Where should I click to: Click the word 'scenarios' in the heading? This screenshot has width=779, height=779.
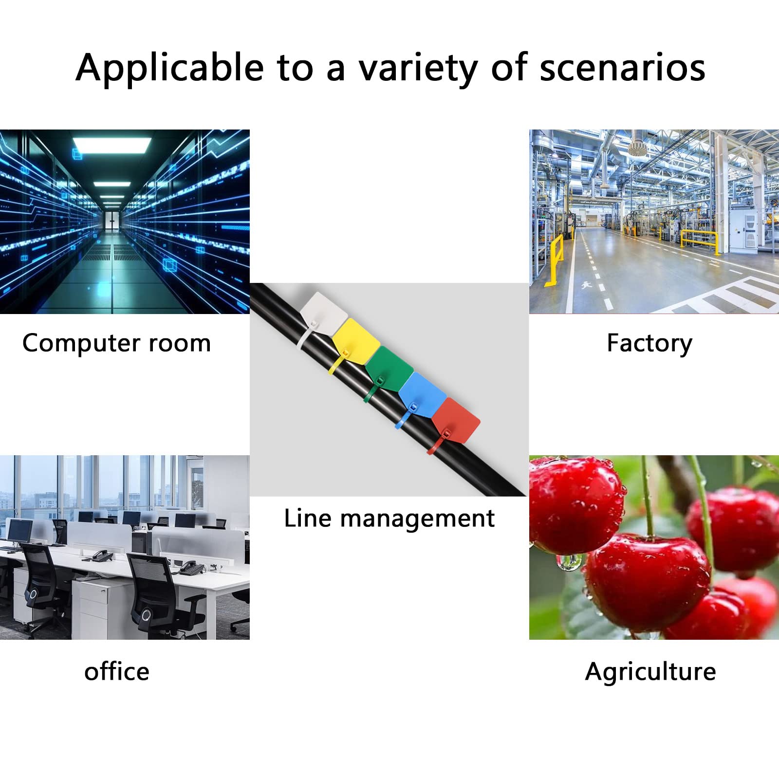(x=623, y=67)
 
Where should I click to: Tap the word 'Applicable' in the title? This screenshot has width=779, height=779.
(x=169, y=68)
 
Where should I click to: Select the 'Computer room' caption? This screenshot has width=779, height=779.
(x=116, y=343)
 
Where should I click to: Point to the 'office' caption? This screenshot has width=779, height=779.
(x=117, y=671)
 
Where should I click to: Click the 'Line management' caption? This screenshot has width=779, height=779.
(x=389, y=518)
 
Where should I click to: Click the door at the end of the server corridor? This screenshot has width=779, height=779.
(x=112, y=221)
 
